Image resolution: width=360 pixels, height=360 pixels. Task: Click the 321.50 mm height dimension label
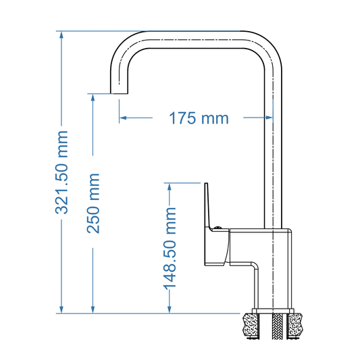62,172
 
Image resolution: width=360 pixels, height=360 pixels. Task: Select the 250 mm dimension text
93,203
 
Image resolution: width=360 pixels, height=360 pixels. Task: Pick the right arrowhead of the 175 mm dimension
268,118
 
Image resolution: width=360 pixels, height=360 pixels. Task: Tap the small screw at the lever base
218,228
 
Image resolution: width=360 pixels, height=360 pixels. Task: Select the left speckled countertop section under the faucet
251,326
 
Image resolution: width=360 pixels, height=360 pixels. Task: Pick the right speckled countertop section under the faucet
296,326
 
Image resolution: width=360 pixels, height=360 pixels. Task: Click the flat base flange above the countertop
273,311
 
